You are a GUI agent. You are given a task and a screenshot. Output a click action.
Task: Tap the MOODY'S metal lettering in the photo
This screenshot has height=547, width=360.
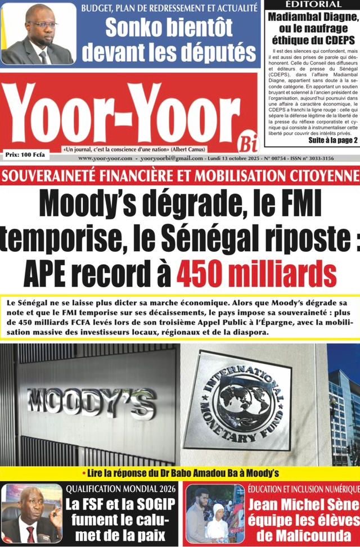pyautogui.click(x=92, y=401)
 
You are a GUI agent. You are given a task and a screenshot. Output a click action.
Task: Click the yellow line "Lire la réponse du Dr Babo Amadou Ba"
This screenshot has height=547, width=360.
pyautogui.click(x=180, y=473)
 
